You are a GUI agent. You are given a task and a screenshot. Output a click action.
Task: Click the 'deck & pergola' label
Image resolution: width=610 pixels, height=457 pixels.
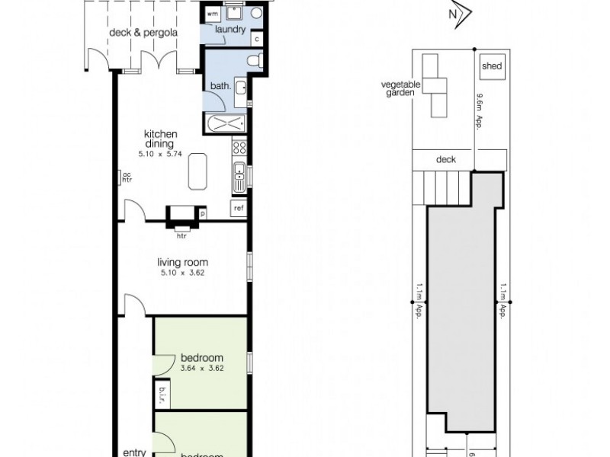133,33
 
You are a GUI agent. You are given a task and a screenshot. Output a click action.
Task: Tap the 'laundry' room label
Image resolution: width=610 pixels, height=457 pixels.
230,30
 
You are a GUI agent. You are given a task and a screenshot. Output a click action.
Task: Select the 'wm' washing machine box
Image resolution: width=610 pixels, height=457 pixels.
213,14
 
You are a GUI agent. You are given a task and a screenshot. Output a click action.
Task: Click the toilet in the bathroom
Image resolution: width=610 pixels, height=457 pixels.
255,60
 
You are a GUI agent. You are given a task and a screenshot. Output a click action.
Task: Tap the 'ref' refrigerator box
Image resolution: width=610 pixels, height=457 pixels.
239,208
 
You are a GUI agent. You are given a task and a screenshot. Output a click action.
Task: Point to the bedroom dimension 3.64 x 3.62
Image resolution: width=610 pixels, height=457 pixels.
201,369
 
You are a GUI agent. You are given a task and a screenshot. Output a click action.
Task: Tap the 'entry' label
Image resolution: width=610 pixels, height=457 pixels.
134,452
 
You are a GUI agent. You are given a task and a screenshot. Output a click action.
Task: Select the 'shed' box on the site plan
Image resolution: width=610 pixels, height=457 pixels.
492,66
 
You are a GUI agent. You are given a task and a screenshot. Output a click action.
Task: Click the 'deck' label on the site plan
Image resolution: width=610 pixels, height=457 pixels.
446,159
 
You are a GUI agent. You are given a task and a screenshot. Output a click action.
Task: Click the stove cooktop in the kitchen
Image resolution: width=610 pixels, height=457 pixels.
239,148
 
